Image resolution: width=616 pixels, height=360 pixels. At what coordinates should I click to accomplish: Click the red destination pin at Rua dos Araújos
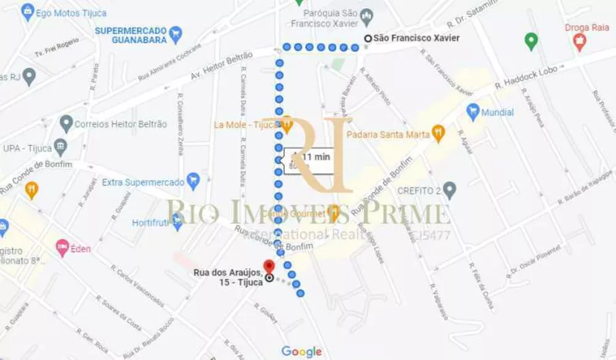pyautogui.click(x=269, y=267)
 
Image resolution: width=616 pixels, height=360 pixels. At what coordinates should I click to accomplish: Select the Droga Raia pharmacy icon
pyautogui.click(x=579, y=43)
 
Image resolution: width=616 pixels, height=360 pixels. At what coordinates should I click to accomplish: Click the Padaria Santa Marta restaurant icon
pyautogui.click(x=438, y=133)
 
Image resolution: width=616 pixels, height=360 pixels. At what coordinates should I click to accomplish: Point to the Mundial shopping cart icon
pyautogui.click(x=472, y=112)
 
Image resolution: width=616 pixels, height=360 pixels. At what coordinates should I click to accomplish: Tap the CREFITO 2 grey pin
pyautogui.click(x=450, y=190)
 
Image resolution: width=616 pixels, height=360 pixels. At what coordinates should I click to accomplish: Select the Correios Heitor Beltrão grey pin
pyautogui.click(x=67, y=123)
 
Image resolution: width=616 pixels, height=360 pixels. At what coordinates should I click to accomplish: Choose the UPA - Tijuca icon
pyautogui.click(x=60, y=147)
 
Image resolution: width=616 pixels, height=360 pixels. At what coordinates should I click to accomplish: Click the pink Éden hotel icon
pyautogui.click(x=62, y=248)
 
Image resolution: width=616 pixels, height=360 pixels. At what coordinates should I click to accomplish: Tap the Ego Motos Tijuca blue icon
pyautogui.click(x=28, y=12)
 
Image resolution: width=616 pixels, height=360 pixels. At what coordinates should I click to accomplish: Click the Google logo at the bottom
pyautogui.click(x=302, y=351)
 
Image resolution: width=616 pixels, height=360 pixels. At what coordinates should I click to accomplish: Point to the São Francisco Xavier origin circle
pyautogui.click(x=368, y=38)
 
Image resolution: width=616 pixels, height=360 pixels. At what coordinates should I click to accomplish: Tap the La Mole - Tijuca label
pyautogui.click(x=246, y=125)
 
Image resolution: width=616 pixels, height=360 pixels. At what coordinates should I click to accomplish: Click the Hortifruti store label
pyautogui.click(x=151, y=223)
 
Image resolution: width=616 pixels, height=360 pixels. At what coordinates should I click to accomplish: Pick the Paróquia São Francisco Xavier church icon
pyautogui.click(x=367, y=14)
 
